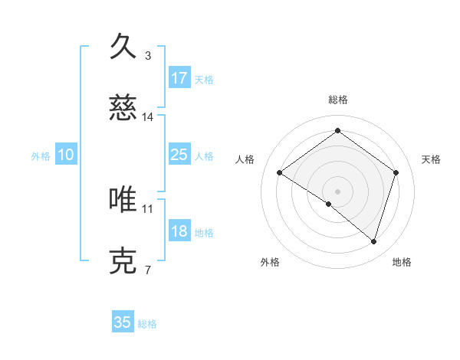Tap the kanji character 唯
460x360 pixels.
click(x=123, y=199)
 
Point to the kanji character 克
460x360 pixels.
click(x=123, y=261)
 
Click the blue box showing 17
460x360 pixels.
click(x=179, y=77)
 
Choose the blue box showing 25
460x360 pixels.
click(x=179, y=155)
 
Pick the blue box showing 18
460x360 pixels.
click(x=179, y=232)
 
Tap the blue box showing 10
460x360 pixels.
click(x=66, y=155)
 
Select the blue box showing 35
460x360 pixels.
click(x=123, y=322)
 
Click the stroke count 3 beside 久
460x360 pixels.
click(x=148, y=55)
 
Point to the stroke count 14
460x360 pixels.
click(x=148, y=117)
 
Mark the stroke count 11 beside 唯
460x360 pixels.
click(x=148, y=208)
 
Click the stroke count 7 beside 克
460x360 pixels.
click(x=148, y=270)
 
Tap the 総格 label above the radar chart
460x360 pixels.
click(x=337, y=100)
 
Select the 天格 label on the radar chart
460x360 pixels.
click(x=431, y=159)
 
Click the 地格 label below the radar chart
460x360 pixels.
click(x=402, y=262)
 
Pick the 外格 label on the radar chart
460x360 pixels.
click(x=270, y=262)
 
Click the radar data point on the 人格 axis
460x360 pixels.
click(x=280, y=173)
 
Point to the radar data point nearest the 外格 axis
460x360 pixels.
click(x=329, y=204)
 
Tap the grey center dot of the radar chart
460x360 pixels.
click(x=337, y=191)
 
